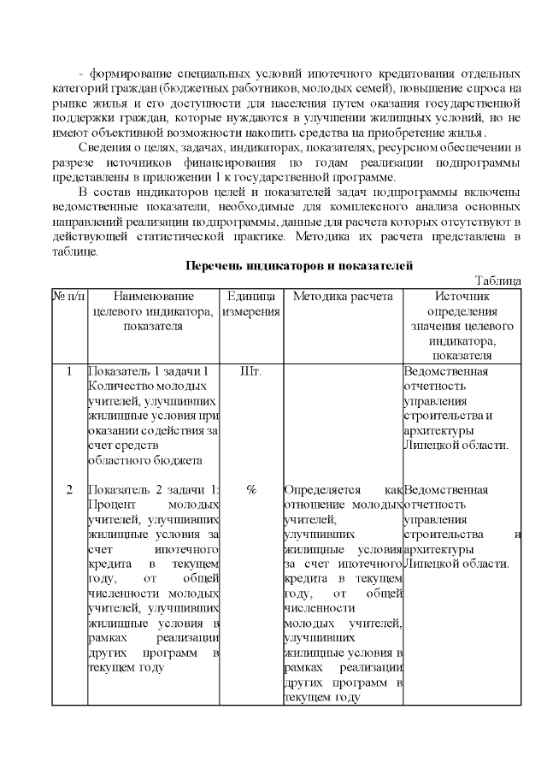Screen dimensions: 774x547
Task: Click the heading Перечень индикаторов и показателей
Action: point(300,267)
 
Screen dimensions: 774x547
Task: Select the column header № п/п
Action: point(68,296)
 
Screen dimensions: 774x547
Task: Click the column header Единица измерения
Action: point(251,304)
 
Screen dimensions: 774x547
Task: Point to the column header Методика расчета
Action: point(342,296)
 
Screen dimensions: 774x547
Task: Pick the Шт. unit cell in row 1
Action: point(251,371)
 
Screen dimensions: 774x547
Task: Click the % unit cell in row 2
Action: point(251,490)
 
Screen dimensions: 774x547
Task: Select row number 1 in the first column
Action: point(68,371)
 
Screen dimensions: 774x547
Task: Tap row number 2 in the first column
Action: point(68,490)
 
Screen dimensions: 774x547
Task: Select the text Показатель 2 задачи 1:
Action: point(154,490)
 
